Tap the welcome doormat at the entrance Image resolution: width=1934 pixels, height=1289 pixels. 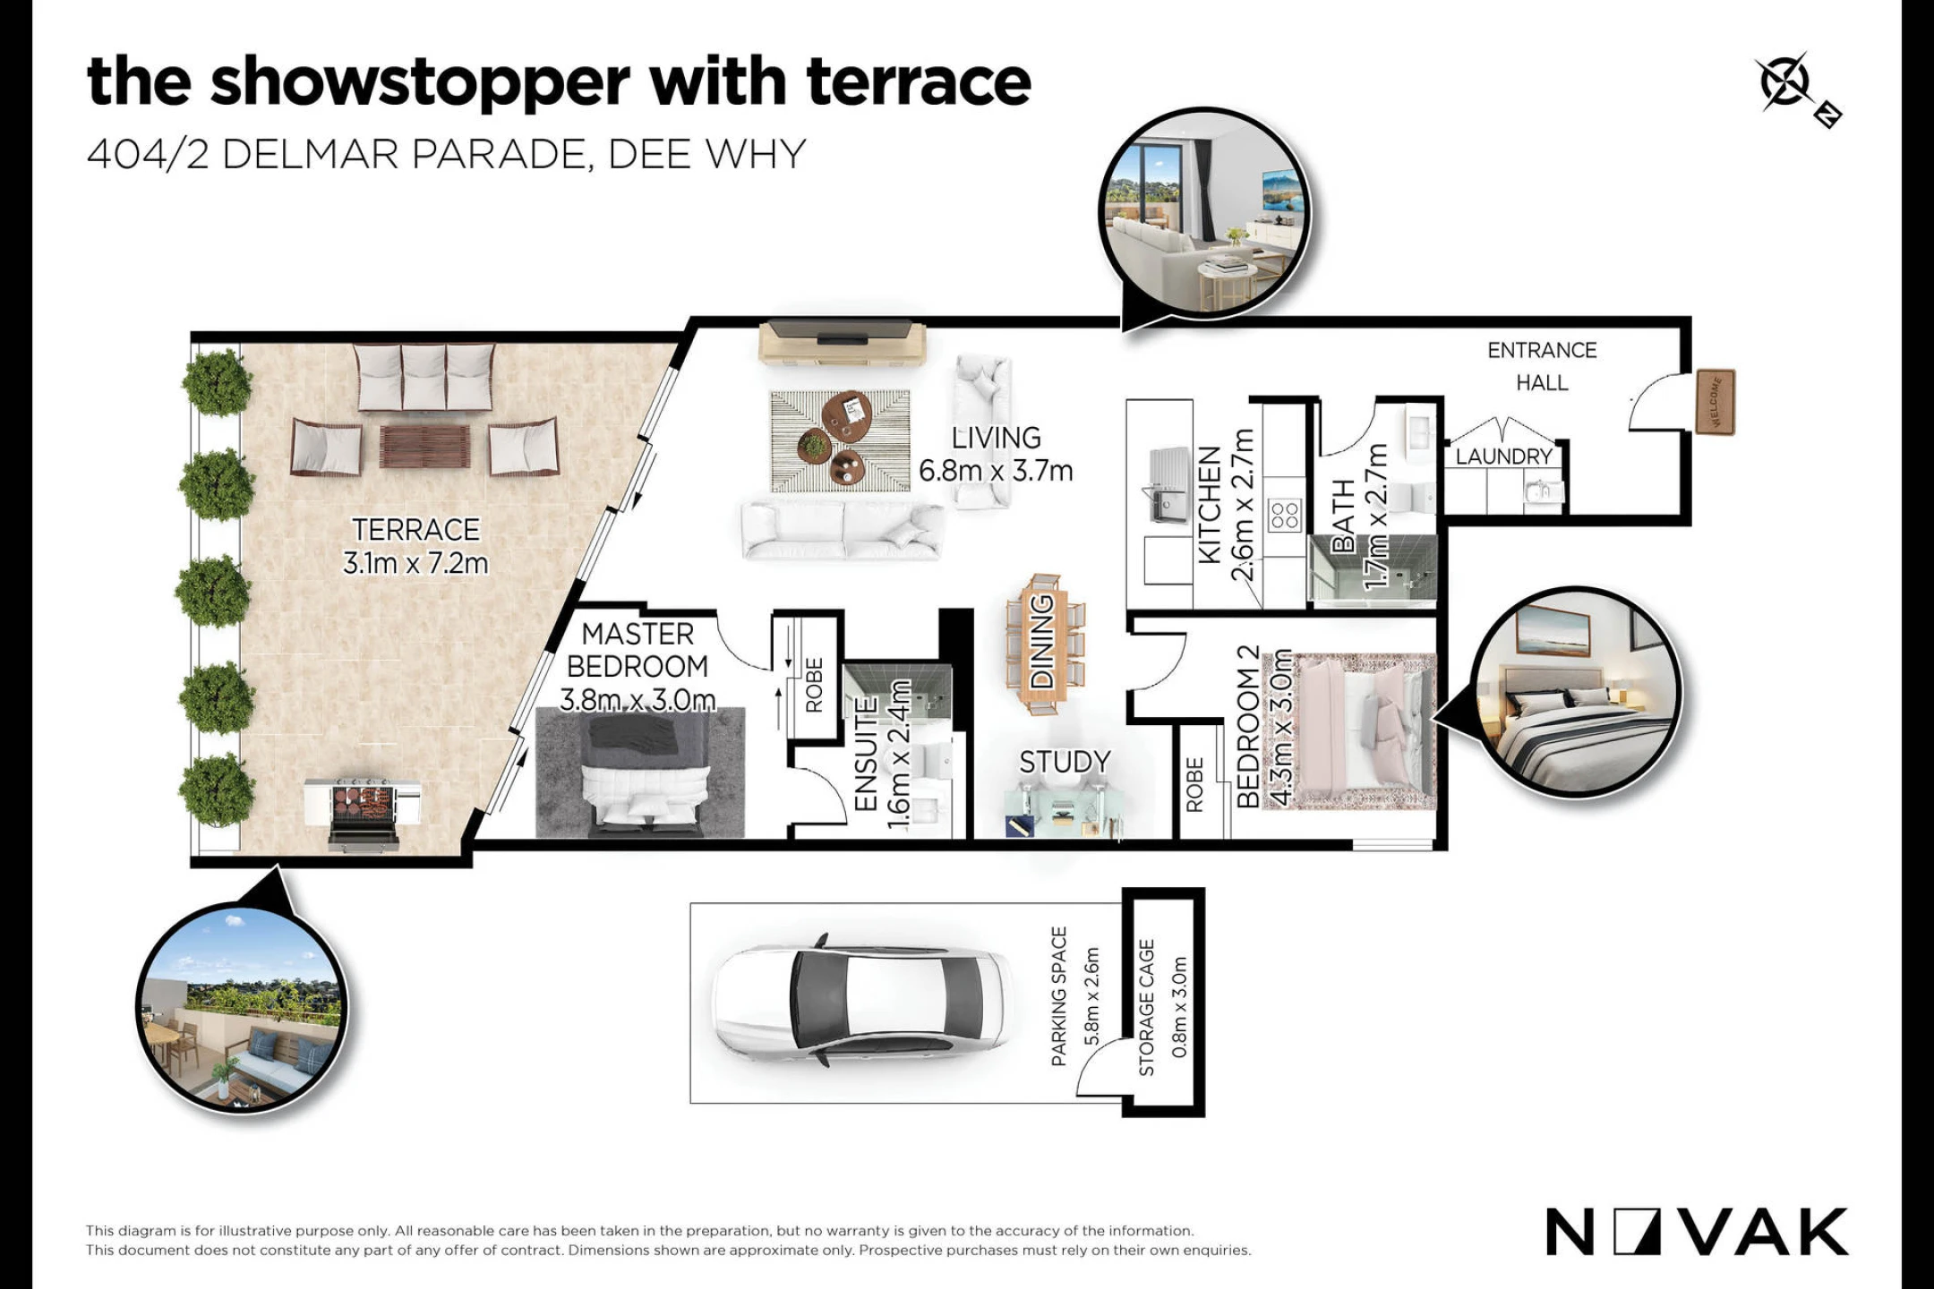[1716, 402]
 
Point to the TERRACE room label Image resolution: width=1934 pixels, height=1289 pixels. [415, 530]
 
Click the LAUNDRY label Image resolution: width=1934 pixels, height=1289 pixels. [1503, 457]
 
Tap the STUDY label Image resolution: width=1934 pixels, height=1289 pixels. [1065, 762]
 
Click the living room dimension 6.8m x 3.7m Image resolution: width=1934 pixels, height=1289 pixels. [996, 471]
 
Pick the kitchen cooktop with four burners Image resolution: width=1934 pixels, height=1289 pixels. [1284, 516]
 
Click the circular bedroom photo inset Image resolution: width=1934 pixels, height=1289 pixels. [1577, 692]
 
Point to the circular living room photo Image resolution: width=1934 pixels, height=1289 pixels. [1204, 212]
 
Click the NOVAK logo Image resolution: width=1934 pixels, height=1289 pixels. [1697, 1232]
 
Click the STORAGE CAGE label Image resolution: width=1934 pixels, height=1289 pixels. [1146, 1007]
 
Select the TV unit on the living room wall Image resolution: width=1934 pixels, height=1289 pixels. [842, 342]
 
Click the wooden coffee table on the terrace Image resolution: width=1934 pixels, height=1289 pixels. [424, 447]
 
